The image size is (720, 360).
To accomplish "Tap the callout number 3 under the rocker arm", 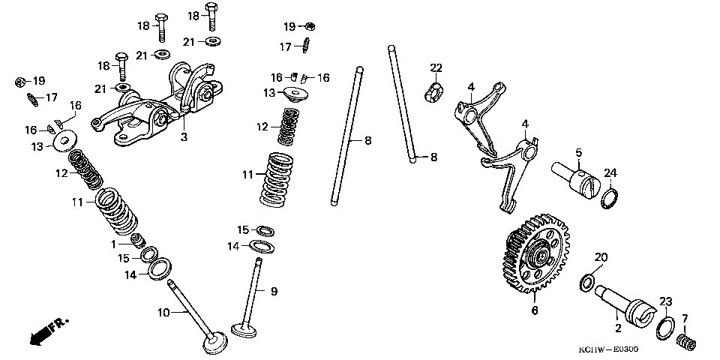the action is point(183,137).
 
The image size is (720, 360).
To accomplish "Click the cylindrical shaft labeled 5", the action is point(578,177).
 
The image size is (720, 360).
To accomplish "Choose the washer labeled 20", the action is point(587,283).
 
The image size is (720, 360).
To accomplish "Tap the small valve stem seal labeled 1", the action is point(138,240).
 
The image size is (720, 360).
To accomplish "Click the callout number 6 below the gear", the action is point(534,310).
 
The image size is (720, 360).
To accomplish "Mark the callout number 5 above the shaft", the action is point(578,153).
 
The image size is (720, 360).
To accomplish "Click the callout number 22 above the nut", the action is point(436,69).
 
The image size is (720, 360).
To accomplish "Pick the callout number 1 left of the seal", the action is point(114,244).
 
